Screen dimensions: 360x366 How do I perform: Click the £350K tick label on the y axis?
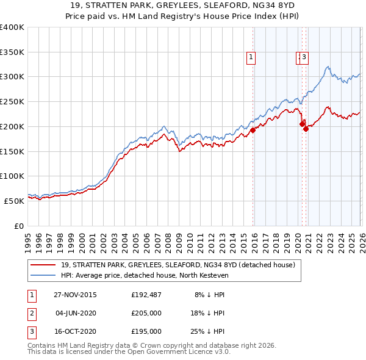coord(12,52)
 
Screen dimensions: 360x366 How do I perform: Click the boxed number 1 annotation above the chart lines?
coord(251,58)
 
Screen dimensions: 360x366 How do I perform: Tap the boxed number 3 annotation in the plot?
coord(304,58)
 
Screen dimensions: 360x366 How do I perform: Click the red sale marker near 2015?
coord(253,130)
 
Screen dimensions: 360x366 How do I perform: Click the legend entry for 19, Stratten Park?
coord(178,265)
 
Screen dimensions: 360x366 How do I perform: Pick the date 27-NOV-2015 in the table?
coord(75,294)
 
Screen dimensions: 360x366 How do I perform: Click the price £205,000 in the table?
coord(146,313)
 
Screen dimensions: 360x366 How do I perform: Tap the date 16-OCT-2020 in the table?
coord(75,331)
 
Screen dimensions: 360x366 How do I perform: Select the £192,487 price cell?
coord(146,294)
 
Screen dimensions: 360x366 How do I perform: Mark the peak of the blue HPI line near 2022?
coord(328,67)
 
